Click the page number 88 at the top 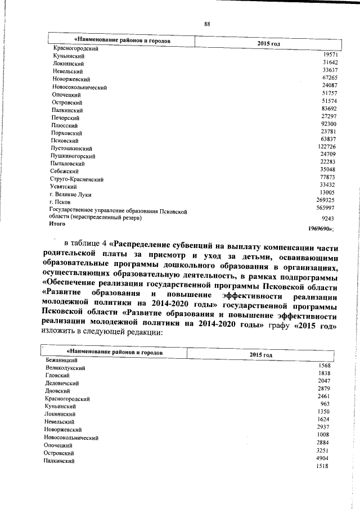pos(207,24)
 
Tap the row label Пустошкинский pos(71,148)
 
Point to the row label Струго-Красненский pos(76,179)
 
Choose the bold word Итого pos(58,223)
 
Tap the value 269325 pos(324,200)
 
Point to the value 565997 pos(324,208)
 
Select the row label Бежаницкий pos(62,359)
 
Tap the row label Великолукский pos(65,367)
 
